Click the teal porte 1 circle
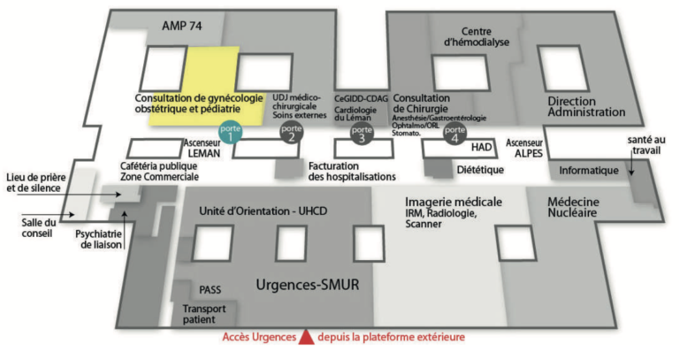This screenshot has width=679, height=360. tap(231, 134)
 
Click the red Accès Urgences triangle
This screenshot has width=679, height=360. tap(305, 336)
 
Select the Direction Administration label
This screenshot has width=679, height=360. tap(586, 105)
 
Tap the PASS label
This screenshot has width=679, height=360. tap(210, 288)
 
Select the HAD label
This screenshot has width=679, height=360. tap(481, 147)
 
